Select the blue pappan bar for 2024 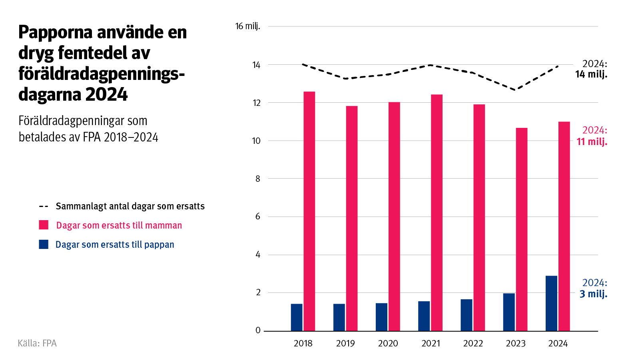pyautogui.click(x=551, y=303)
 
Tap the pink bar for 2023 pyautogui.click(x=521, y=229)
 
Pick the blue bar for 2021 pyautogui.click(x=424, y=316)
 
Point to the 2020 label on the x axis pyautogui.click(x=388, y=344)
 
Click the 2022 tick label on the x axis pyautogui.click(x=473, y=344)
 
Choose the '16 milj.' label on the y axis pyautogui.click(x=247, y=26)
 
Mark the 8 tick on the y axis pyautogui.click(x=257, y=179)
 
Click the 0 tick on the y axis pyautogui.click(x=258, y=330)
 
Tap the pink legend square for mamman pyautogui.click(x=44, y=225)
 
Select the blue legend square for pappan pyautogui.click(x=44, y=244)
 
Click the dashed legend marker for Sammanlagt pyautogui.click(x=44, y=207)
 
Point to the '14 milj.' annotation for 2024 pyautogui.click(x=591, y=74)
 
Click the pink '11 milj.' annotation pyautogui.click(x=592, y=141)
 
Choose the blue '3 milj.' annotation pyautogui.click(x=593, y=294)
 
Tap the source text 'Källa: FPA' pyautogui.click(x=37, y=343)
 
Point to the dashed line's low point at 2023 pyautogui.click(x=516, y=90)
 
